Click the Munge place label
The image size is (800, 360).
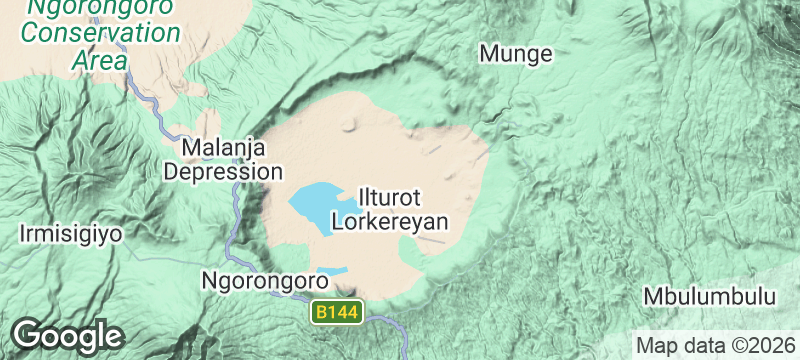(516, 54)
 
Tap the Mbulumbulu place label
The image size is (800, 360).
(710, 297)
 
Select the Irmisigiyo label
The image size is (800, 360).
(70, 235)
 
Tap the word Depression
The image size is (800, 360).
(223, 172)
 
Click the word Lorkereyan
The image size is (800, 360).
(389, 221)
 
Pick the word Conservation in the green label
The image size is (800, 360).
(102, 32)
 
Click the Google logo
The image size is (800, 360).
(67, 335)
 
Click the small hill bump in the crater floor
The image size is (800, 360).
(349, 126)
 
